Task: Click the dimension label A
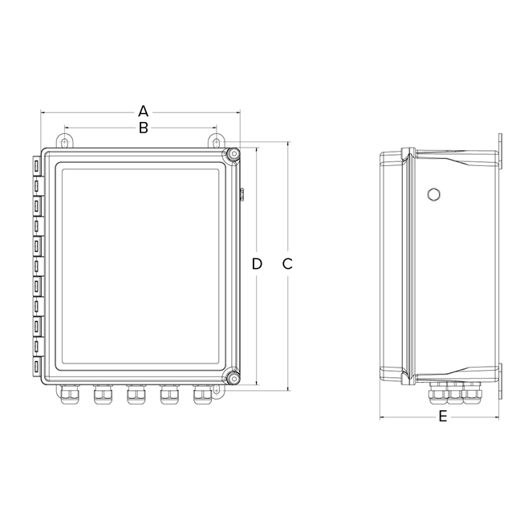pos(144,110)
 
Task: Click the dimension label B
pos(143,128)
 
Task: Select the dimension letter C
pos(288,264)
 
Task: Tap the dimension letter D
pos(257,264)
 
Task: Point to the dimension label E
pos(442,417)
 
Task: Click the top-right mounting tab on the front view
pos(216,141)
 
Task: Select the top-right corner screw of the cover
pos(232,154)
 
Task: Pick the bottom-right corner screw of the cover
pos(232,377)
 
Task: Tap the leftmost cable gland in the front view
pos(67,395)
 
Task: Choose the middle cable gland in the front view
pos(136,395)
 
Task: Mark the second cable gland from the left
pos(101,395)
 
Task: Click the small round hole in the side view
pos(434,194)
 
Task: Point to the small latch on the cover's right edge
pos(242,193)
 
